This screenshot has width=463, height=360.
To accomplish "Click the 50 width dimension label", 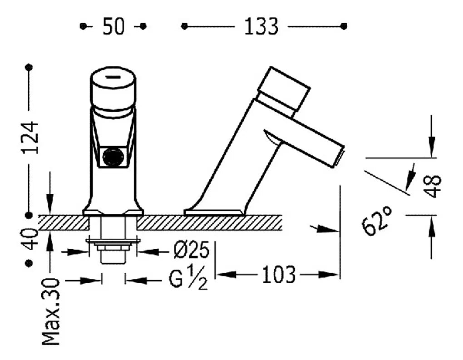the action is tap(113, 27).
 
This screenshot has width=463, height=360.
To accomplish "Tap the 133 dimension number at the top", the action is tap(261, 27).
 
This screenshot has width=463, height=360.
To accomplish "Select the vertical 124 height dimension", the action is tap(30, 137).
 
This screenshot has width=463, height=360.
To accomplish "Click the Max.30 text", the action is tap(51, 311).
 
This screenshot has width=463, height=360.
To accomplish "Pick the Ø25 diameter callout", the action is tap(192, 251).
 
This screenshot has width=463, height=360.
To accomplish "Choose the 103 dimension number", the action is tap(278, 275).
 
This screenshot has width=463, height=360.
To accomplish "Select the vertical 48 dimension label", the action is tap(433, 186).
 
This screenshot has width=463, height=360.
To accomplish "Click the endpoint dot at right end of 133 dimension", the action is tap(344, 26).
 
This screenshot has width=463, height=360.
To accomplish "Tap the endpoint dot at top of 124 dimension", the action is tap(29, 67).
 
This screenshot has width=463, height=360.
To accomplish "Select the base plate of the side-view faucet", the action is tap(213, 212).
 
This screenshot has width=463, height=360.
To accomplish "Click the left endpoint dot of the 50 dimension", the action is tap(83, 26).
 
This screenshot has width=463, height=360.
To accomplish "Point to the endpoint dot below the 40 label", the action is tap(29, 263).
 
